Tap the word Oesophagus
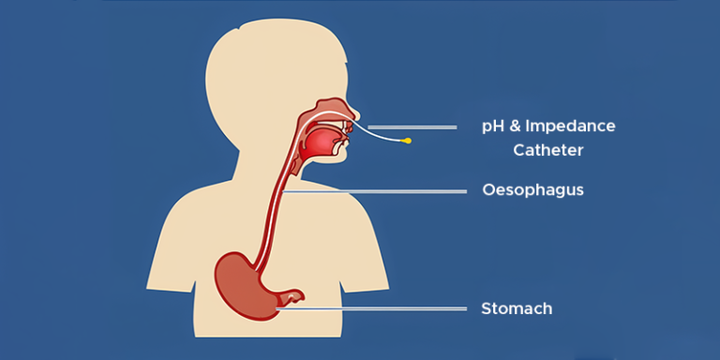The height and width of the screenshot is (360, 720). pyautogui.click(x=532, y=190)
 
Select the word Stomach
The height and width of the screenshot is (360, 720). pyautogui.click(x=517, y=308)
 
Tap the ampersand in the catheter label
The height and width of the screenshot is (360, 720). pyautogui.click(x=516, y=127)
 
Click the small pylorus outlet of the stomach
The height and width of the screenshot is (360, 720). pyautogui.click(x=294, y=298)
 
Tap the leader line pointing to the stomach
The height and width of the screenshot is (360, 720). pyautogui.click(x=375, y=308)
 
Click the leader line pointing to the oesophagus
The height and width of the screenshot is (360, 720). pyautogui.click(x=375, y=191)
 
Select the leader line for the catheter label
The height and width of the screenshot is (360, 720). pyautogui.click(x=412, y=127)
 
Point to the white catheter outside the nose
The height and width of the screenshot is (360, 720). pyautogui.click(x=380, y=136)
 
